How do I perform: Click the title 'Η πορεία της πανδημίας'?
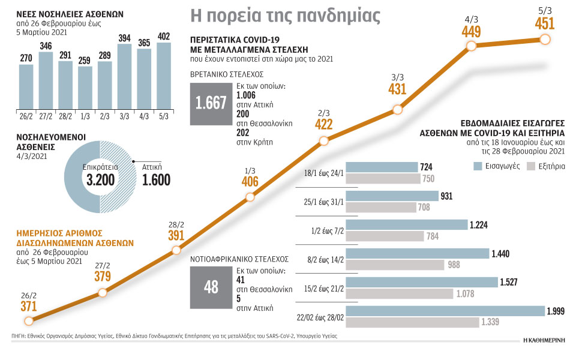pyautogui.click(x=285, y=14)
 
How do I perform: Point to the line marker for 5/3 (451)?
pyautogui.click(x=545, y=39)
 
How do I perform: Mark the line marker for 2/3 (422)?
pyautogui.click(x=323, y=141)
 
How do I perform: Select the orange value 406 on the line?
pyautogui.click(x=251, y=182)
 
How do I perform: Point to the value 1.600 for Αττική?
pyautogui.click(x=156, y=179)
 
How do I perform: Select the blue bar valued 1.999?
pyautogui.click(x=445, y=311)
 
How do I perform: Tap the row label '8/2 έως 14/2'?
pyautogui.click(x=322, y=259)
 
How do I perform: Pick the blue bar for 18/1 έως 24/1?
pyautogui.click(x=382, y=166)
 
